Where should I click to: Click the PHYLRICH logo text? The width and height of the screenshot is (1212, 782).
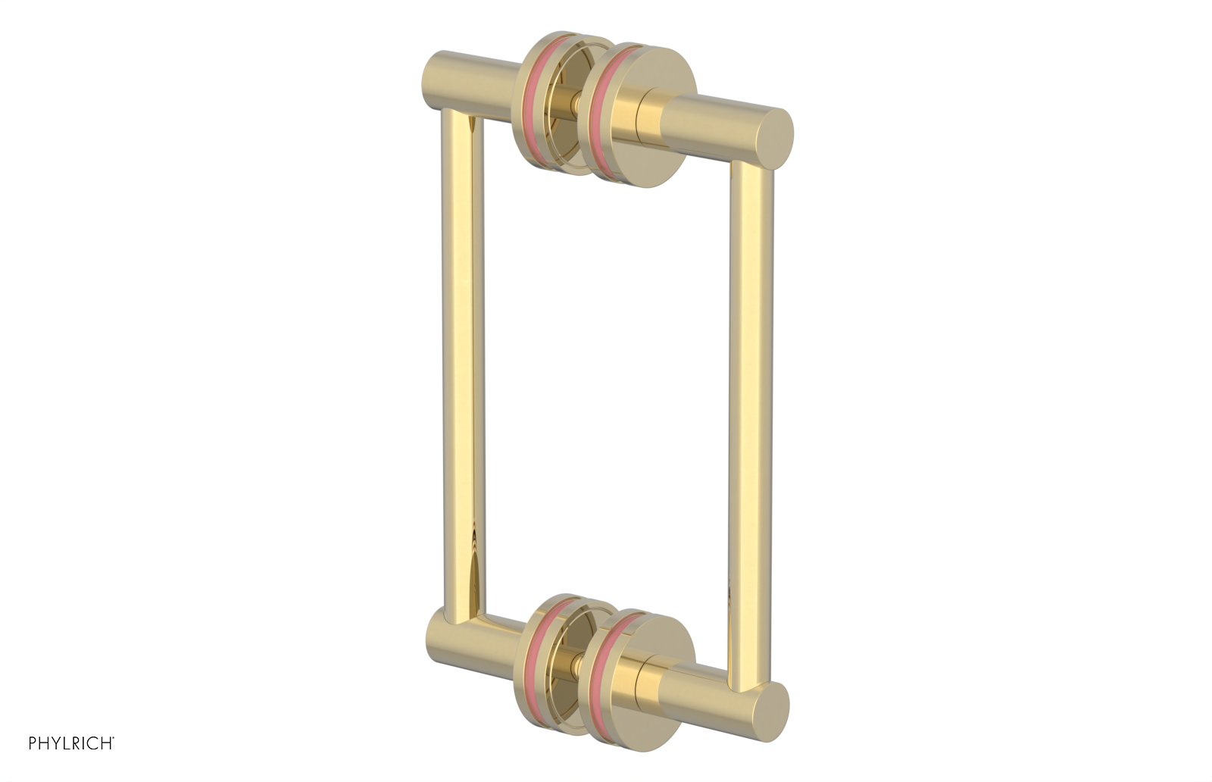point(71,743)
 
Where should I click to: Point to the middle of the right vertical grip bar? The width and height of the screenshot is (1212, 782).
point(749,409)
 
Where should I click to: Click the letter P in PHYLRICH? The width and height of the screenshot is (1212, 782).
point(33,743)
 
